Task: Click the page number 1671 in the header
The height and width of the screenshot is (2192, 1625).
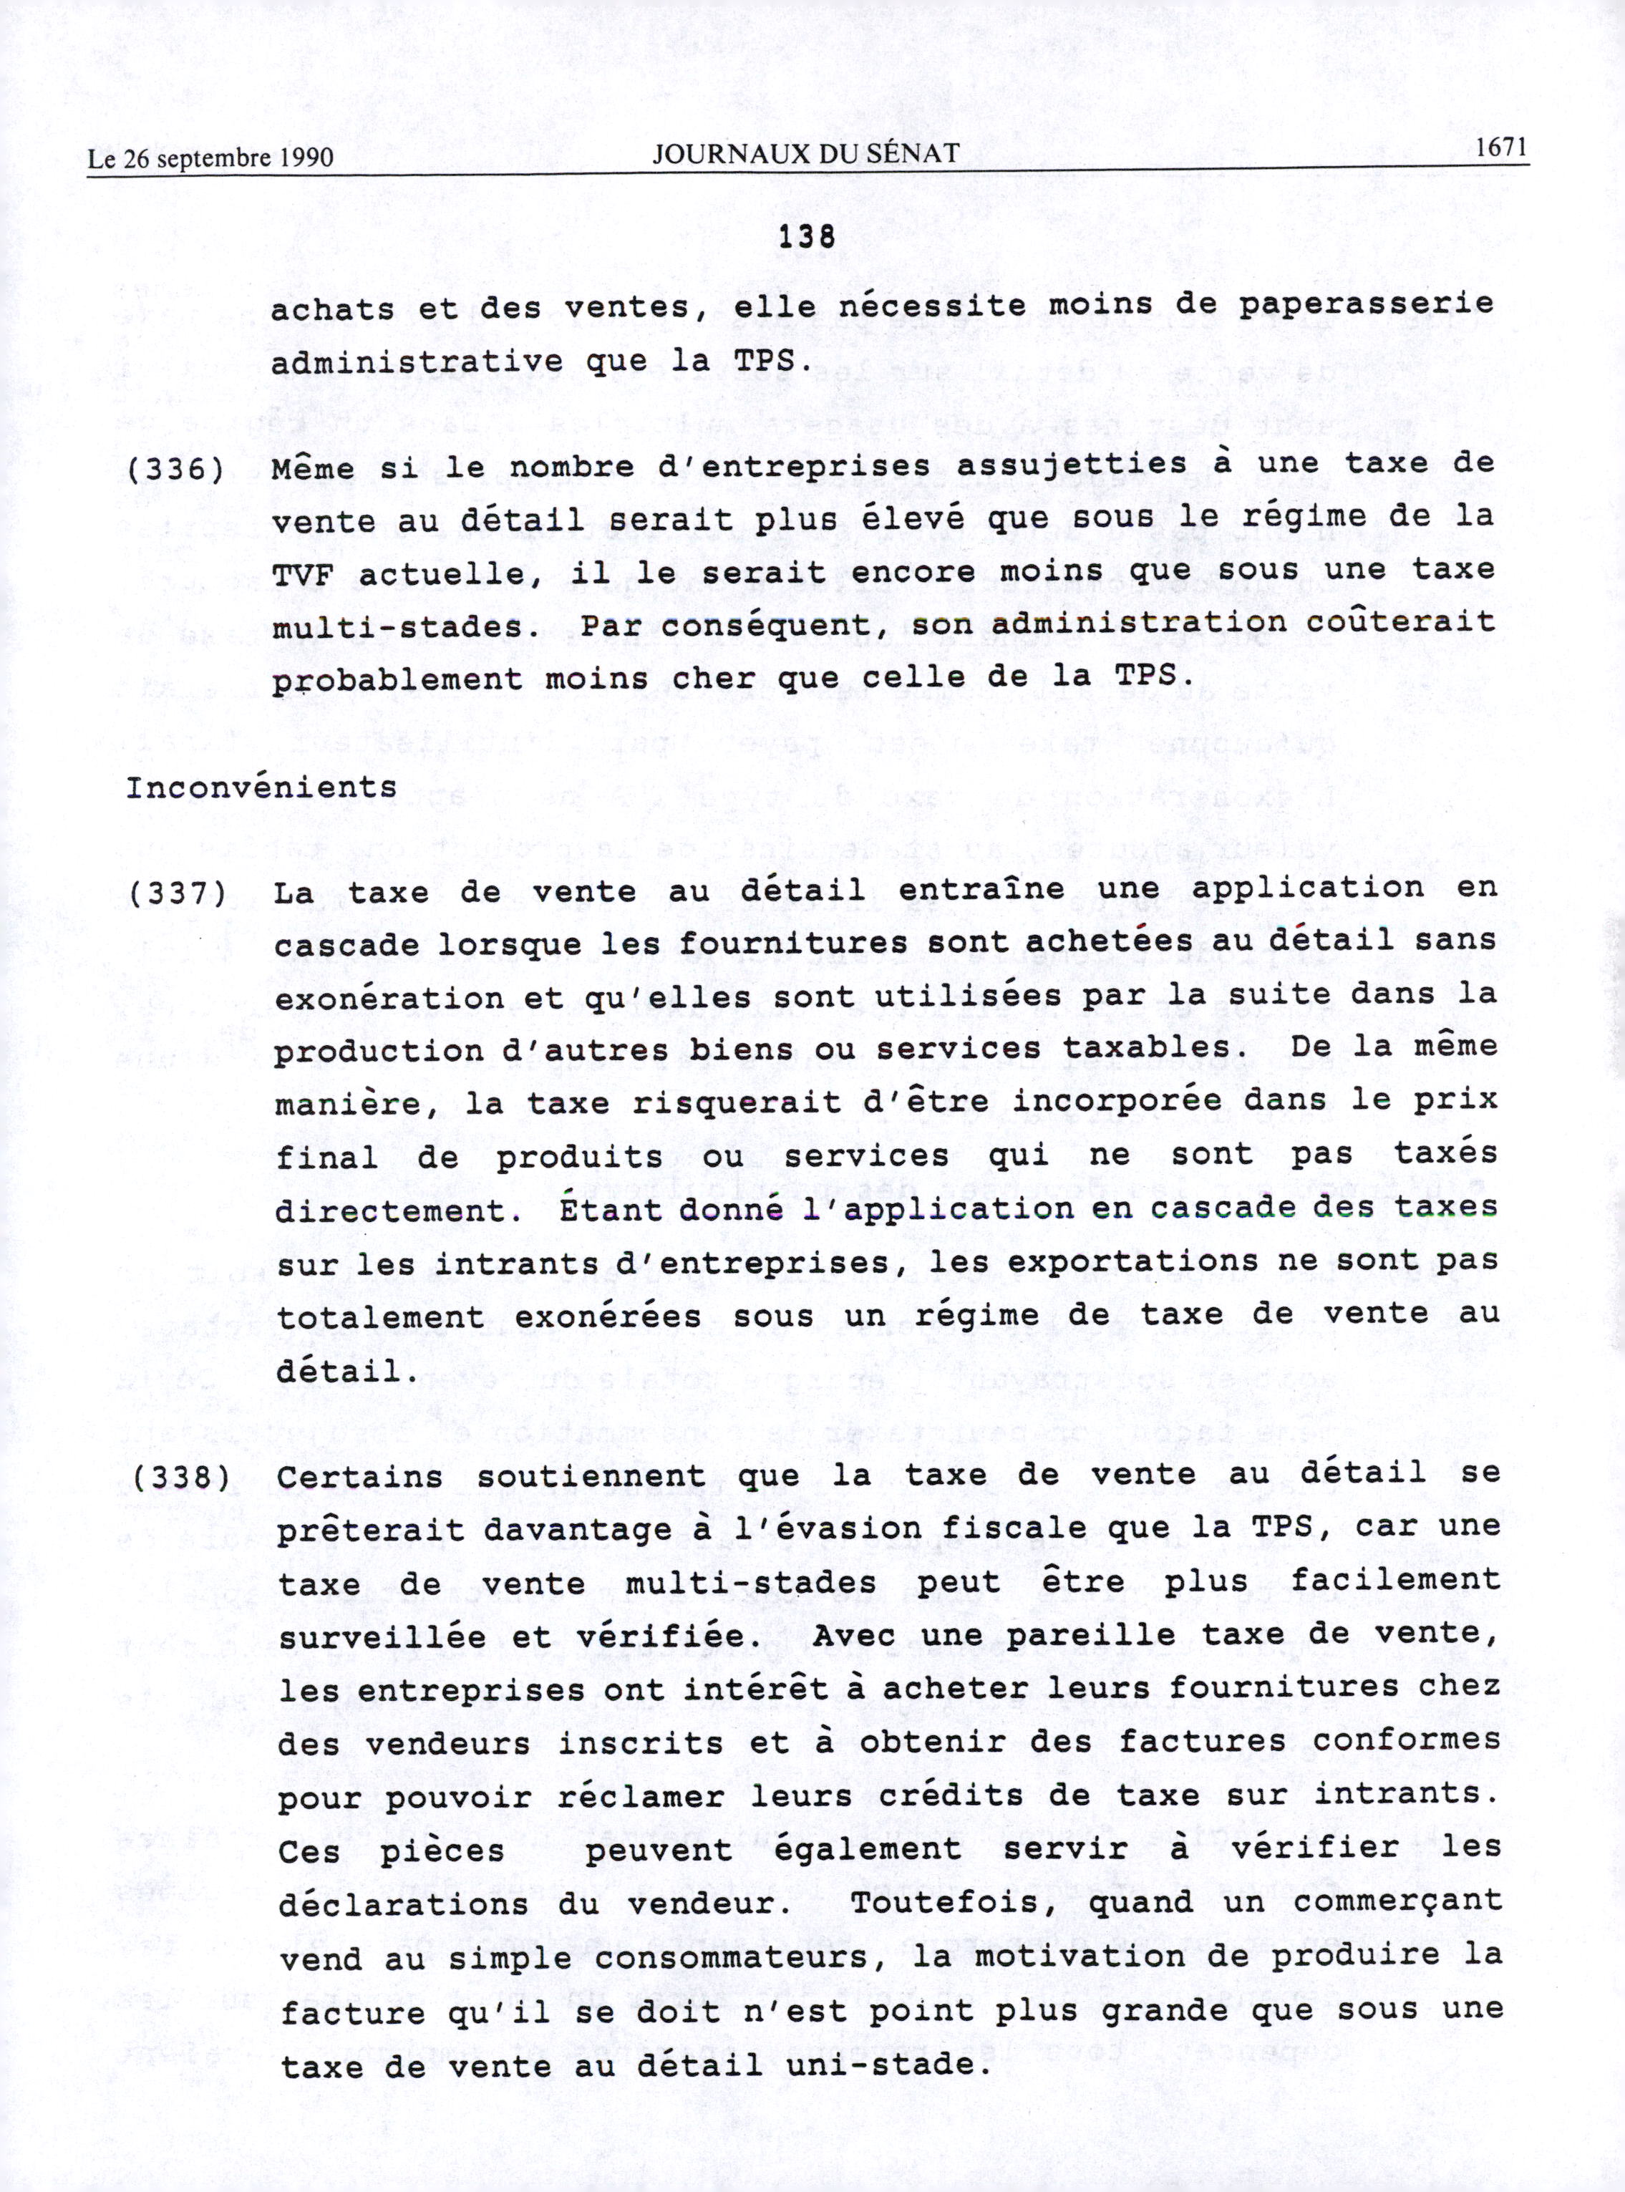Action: click(x=1500, y=148)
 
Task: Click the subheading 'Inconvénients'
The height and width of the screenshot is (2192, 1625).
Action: click(x=262, y=787)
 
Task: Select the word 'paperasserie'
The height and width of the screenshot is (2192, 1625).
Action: click(x=1364, y=305)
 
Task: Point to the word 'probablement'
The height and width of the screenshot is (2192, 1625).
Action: click(x=397, y=681)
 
